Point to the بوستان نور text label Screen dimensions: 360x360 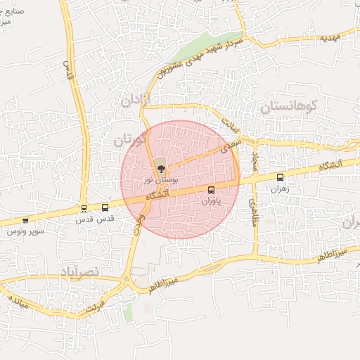(x=157, y=180)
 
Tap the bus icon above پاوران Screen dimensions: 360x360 (x=212, y=190)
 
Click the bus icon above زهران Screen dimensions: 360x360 (x=281, y=178)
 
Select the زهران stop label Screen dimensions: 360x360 (x=281, y=189)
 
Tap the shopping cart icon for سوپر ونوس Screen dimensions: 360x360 (x=26, y=220)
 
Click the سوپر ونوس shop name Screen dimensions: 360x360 (x=26, y=231)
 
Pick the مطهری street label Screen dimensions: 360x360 (x=252, y=211)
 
